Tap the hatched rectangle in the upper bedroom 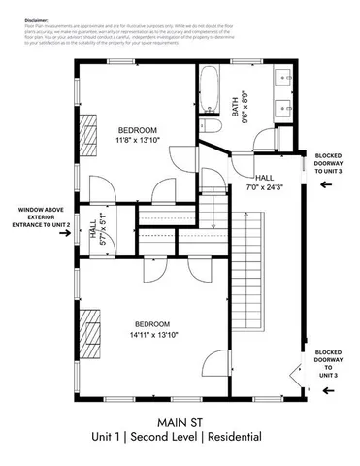click(x=89, y=129)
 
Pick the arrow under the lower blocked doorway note click(x=327, y=390)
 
